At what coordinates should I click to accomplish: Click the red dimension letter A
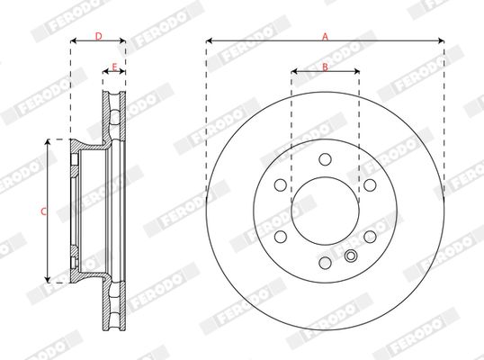(325, 37)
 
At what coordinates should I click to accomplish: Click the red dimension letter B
(325, 67)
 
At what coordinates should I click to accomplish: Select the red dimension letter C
(43, 211)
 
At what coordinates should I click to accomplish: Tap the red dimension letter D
(98, 36)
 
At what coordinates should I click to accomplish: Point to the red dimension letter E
(114, 67)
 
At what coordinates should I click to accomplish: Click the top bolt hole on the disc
(325, 159)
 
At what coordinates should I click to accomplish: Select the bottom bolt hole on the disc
(325, 263)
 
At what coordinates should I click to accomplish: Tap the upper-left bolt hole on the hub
(281, 185)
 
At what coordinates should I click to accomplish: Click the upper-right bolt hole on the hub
(370, 185)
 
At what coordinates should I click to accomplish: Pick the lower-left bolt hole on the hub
(281, 237)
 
